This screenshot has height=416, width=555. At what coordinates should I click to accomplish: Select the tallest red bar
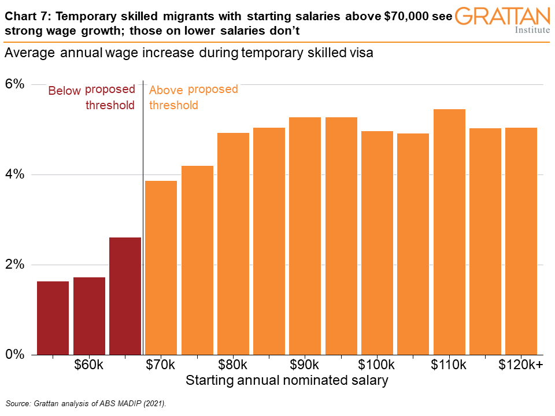(125, 295)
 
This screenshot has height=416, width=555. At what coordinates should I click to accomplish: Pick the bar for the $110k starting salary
(449, 231)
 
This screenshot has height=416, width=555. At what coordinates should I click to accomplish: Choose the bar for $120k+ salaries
(521, 241)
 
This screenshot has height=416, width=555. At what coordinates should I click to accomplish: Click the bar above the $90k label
(305, 236)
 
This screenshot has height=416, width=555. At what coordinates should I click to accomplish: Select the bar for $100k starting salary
(377, 243)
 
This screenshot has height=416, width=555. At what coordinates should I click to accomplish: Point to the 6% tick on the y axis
(16, 84)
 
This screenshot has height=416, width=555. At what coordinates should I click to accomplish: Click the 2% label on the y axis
(16, 265)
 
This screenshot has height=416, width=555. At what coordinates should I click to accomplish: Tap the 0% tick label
(16, 354)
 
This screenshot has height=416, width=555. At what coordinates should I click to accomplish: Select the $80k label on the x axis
(233, 366)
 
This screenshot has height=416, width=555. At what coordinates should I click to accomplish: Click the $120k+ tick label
(521, 366)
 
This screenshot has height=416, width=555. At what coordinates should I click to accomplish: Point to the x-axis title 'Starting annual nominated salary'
(287, 381)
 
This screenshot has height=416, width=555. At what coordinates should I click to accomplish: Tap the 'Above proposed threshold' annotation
(193, 97)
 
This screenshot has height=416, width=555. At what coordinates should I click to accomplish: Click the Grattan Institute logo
(502, 20)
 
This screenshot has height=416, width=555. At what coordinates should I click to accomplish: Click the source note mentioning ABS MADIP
(86, 403)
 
